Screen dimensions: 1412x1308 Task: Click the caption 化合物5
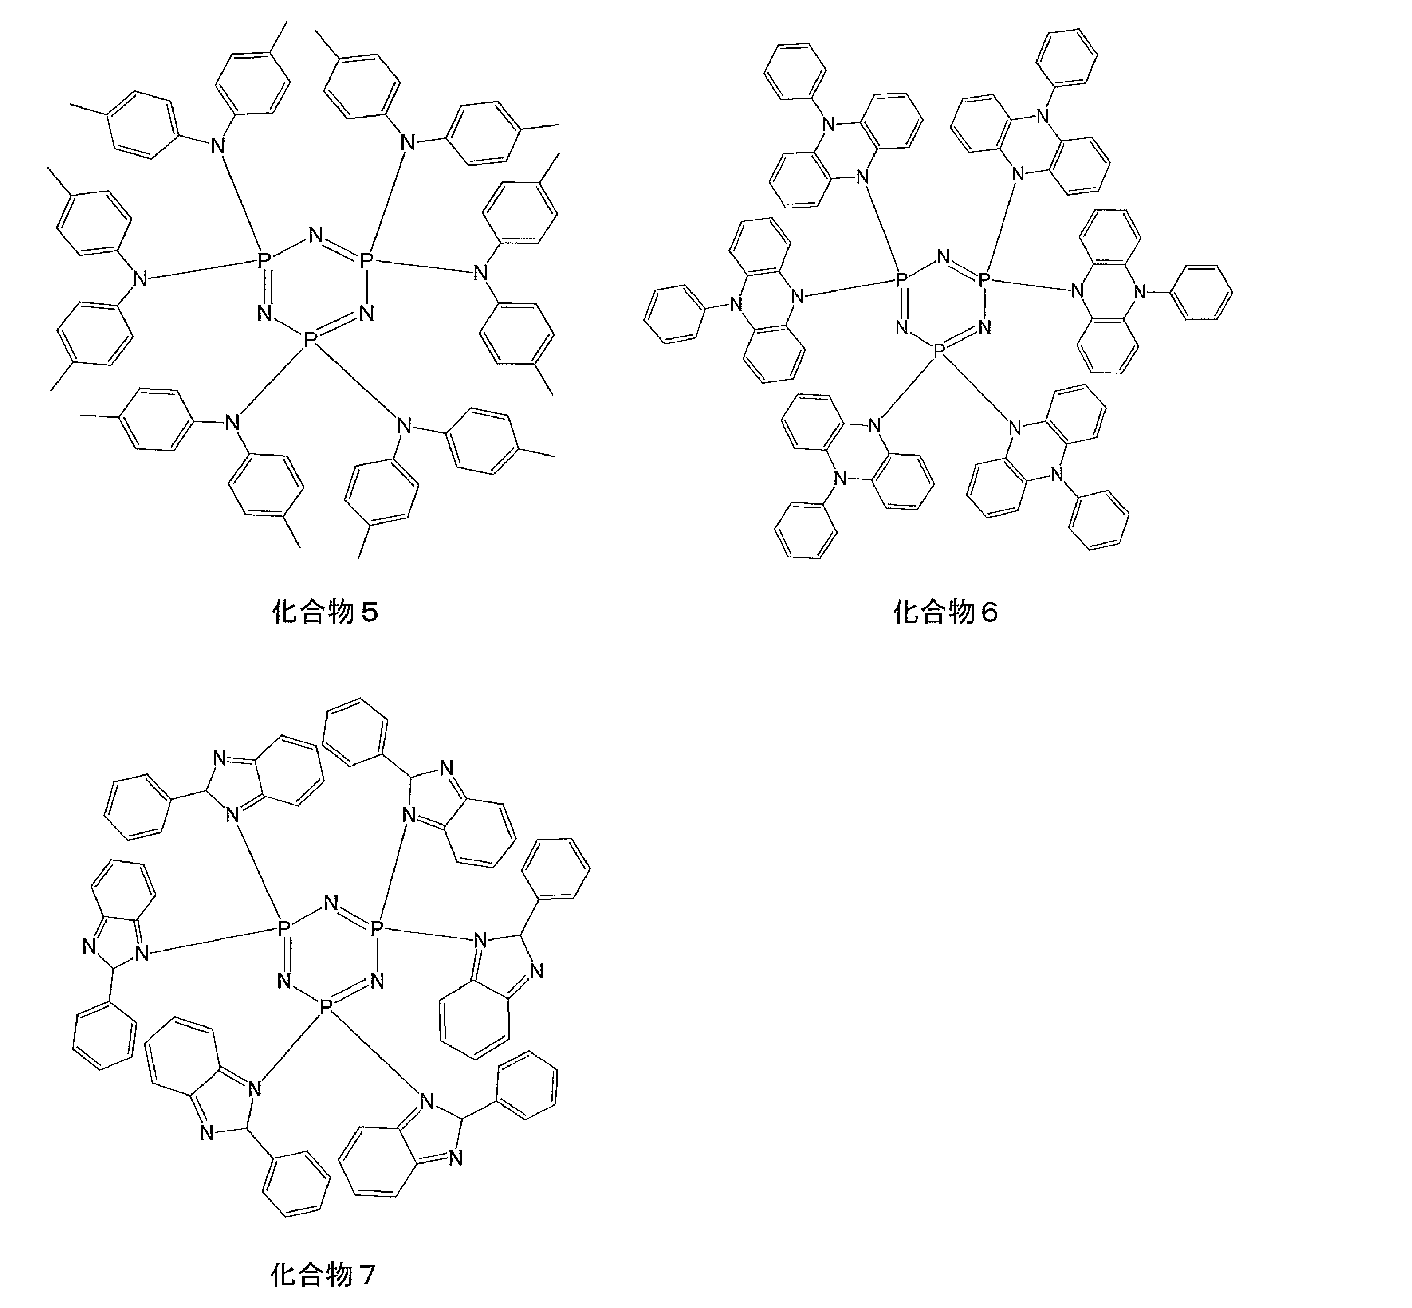[x=325, y=612]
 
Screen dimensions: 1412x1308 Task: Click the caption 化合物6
[x=945, y=612]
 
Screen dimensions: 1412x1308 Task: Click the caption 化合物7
[x=323, y=1275]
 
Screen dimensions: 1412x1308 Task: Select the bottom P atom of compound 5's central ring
[x=310, y=341]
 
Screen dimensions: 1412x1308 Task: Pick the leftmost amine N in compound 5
[x=139, y=279]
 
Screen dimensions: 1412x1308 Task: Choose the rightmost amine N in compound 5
[x=481, y=273]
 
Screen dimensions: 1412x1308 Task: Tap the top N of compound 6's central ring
[x=943, y=256]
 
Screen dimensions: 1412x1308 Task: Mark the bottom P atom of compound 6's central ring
[x=939, y=351]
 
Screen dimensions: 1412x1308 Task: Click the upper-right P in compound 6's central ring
[x=984, y=280]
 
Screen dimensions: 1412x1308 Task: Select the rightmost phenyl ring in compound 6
[x=1203, y=292]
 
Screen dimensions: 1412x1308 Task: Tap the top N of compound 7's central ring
[x=331, y=903]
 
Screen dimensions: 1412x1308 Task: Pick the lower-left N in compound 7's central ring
[x=285, y=981]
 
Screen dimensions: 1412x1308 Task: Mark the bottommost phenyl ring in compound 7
[x=296, y=1184]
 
